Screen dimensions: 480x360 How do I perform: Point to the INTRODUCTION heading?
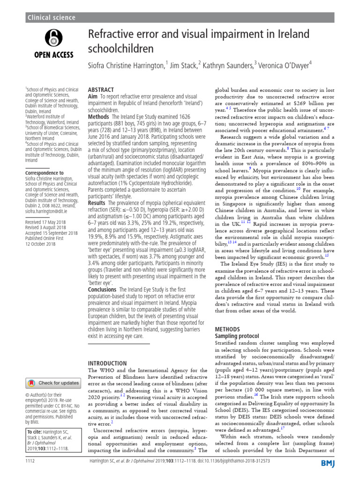click(107, 363)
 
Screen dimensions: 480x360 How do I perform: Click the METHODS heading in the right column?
click(227, 330)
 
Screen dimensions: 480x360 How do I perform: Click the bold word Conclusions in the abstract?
click(103, 290)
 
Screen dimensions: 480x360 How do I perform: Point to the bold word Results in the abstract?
click(97, 203)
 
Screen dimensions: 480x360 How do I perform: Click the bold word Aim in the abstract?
click(94, 96)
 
